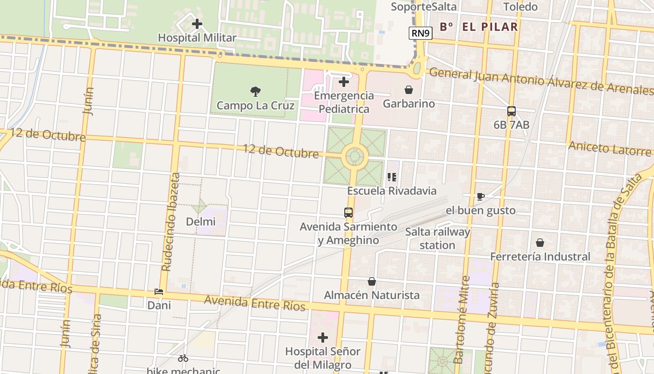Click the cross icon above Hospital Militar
(197, 23)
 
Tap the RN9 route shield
(421, 33)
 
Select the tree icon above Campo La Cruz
(255, 91)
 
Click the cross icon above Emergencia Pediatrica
(344, 82)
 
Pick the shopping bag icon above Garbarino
(409, 90)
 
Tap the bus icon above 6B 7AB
(512, 111)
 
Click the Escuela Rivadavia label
(391, 191)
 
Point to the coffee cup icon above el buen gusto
(481, 196)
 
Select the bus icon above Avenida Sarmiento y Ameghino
(348, 213)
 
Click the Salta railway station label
(437, 238)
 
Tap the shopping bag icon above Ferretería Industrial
(540, 243)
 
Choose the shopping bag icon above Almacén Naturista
(372, 281)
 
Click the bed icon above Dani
(159, 292)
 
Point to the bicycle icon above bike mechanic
(183, 359)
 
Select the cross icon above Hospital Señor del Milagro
(323, 338)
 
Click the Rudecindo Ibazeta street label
(170, 222)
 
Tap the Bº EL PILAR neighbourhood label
(479, 27)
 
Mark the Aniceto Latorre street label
(609, 149)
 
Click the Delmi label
(201, 222)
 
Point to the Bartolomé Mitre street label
(462, 320)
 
